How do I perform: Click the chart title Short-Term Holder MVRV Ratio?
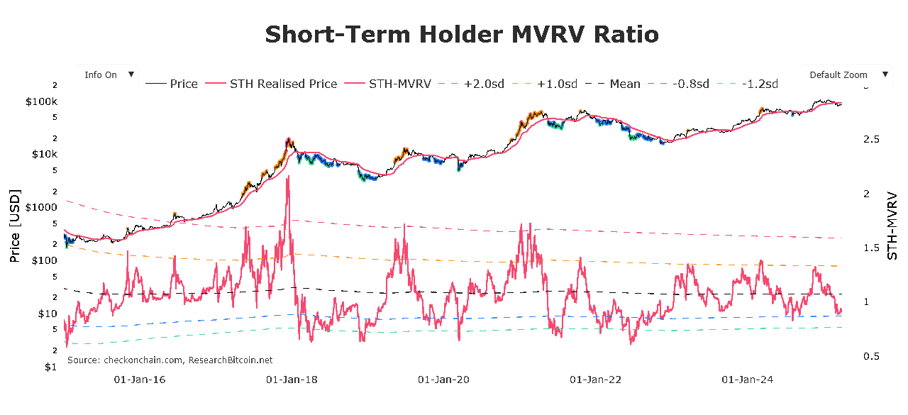tap(462, 34)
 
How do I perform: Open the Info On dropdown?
tap(108, 75)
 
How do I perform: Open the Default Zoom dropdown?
tap(846, 75)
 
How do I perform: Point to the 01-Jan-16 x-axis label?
tap(140, 380)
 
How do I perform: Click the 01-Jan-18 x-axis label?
tap(292, 380)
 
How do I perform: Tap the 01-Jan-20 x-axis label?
tap(443, 380)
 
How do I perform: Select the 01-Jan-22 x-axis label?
tap(595, 380)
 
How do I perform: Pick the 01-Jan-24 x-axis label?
tap(747, 380)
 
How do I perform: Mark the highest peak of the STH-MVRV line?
tap(287, 177)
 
